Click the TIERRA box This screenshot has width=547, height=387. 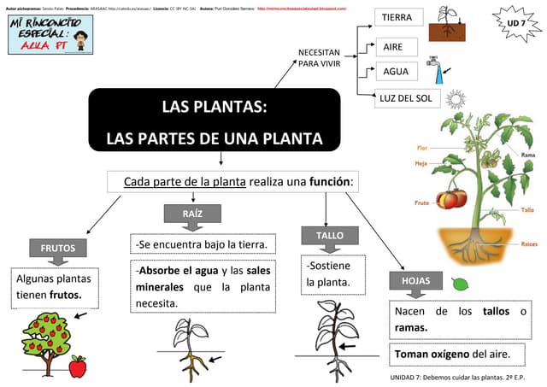[397, 17]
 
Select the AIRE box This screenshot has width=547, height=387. [393, 46]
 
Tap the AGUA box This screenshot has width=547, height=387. [395, 72]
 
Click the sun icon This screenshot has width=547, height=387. [455, 98]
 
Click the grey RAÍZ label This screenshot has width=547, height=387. [192, 214]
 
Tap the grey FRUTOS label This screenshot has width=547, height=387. [58, 249]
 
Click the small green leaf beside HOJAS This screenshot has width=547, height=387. [460, 283]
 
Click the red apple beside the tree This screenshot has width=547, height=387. [78, 366]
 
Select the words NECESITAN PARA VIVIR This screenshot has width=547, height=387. [319, 58]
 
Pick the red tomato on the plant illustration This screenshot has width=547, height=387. [450, 199]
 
